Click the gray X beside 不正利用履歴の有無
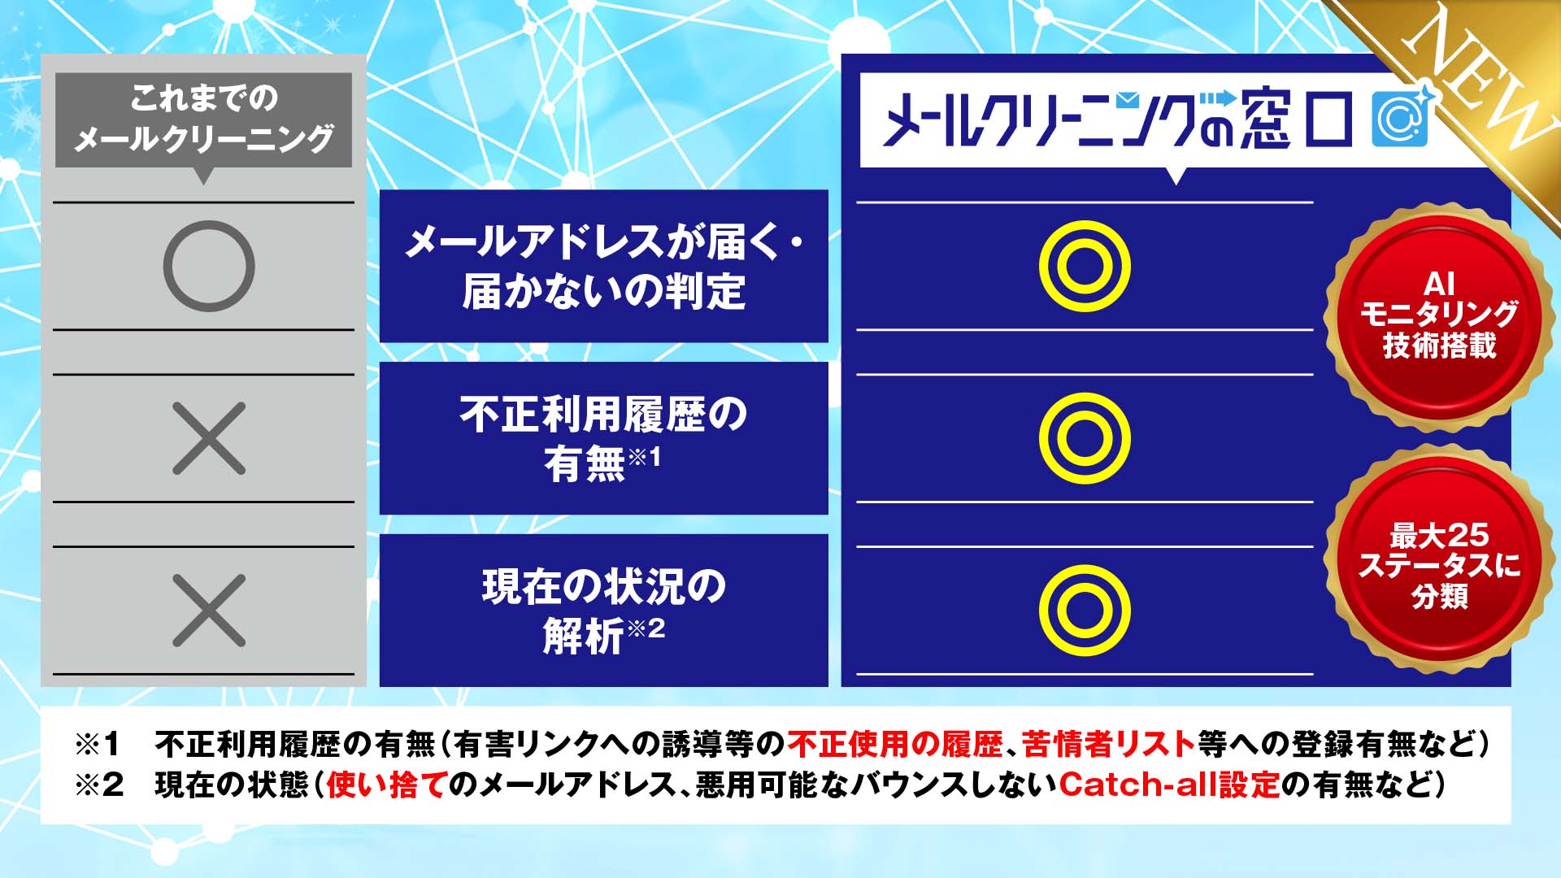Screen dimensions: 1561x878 [x=209, y=438]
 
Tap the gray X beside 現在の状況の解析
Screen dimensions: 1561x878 [x=209, y=611]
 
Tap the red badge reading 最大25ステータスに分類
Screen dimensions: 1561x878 [x=1439, y=566]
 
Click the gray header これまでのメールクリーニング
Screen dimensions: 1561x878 [x=203, y=120]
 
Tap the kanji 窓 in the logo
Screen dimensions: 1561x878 [x=1266, y=120]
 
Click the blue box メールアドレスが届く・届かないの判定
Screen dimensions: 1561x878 [x=603, y=266]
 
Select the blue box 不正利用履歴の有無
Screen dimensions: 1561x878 [x=603, y=438]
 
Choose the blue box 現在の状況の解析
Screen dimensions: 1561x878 [x=603, y=611]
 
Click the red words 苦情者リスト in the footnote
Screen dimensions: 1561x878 [x=1108, y=744]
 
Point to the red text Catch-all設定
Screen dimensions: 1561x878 [x=1170, y=785]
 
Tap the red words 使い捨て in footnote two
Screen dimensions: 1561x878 [x=387, y=785]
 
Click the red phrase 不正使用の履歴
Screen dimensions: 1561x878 [x=894, y=744]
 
